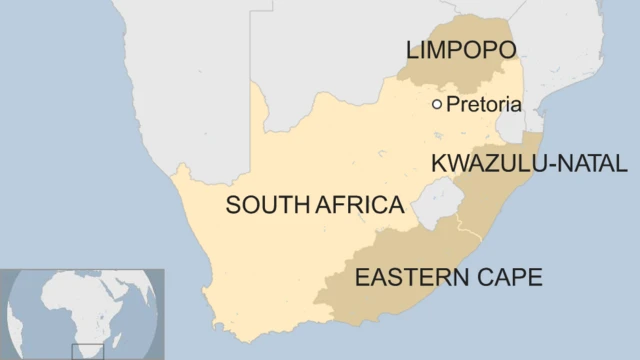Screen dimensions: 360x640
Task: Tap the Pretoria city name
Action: (x=484, y=104)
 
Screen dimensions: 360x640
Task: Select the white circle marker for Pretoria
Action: (x=437, y=104)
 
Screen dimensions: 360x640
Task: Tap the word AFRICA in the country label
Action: (x=360, y=206)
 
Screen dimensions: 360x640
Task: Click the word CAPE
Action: (x=509, y=276)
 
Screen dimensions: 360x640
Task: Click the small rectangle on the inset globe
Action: (x=86, y=350)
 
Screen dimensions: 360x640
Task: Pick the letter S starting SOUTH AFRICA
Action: (x=232, y=206)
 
